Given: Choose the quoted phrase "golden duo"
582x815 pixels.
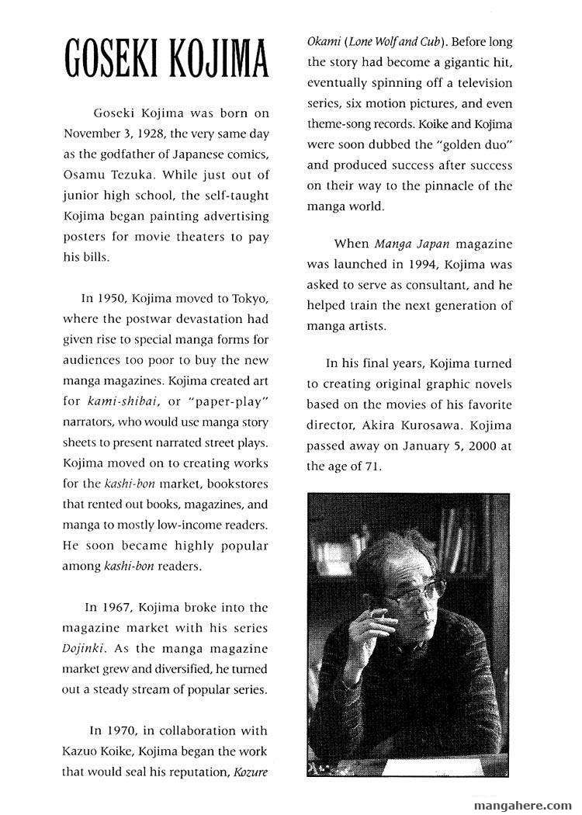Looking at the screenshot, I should pyautogui.click(x=475, y=144).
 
